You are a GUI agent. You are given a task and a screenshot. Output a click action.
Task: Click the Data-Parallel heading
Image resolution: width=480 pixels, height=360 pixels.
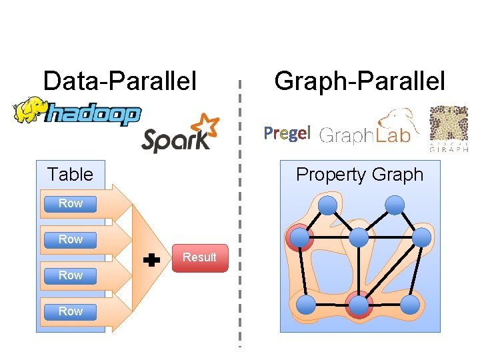tap(120, 81)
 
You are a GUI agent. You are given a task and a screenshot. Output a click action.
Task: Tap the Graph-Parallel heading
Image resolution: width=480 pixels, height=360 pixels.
tap(359, 81)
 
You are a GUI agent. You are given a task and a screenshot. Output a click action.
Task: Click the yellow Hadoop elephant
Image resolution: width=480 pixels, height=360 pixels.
tap(29, 111)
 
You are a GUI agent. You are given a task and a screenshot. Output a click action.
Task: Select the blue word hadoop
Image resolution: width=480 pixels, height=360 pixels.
tap(93, 115)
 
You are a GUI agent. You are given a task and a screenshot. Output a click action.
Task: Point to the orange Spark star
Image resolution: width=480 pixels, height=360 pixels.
tap(203, 127)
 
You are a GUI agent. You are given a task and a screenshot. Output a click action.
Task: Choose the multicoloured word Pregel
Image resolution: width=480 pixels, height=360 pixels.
tap(287, 133)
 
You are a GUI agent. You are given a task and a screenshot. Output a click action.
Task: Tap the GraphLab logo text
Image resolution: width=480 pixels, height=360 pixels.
tap(364, 135)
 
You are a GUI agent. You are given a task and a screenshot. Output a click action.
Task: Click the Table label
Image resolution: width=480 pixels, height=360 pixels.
tap(70, 175)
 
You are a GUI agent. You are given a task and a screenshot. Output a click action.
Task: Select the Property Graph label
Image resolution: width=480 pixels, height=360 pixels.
tap(359, 175)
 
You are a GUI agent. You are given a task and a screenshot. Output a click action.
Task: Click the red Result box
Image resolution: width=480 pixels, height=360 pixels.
tap(199, 257)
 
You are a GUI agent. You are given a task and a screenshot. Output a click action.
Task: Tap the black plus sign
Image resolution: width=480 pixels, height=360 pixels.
tap(153, 260)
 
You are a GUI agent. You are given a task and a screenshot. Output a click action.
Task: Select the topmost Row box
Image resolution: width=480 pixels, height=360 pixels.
tap(70, 203)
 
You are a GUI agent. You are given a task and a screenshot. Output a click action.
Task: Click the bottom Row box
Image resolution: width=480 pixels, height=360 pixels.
tap(70, 311)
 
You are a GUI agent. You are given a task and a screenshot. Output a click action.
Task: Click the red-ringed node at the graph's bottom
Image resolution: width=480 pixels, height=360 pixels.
tap(359, 306)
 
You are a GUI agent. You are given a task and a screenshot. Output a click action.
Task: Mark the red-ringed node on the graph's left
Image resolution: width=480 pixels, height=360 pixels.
tap(300, 237)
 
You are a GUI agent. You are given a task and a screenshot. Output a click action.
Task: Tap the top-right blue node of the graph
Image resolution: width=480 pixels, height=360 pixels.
tap(395, 205)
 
